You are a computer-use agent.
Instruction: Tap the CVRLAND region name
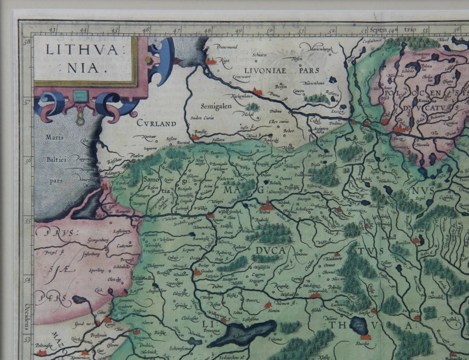156,123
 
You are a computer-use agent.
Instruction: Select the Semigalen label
216,106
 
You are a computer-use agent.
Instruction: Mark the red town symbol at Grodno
197,272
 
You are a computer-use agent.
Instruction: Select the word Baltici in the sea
56,160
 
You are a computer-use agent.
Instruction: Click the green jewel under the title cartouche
80,97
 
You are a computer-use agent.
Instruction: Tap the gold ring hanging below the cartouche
80,120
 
